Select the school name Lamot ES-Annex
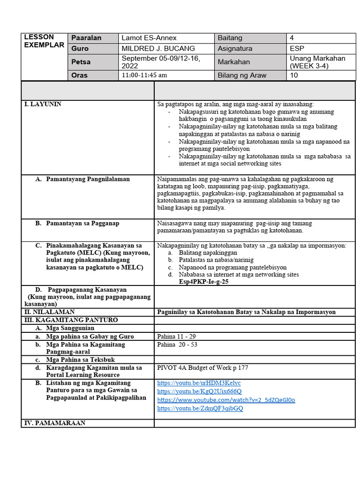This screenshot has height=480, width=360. [x=149, y=38]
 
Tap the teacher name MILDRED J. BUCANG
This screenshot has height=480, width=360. [x=158, y=48]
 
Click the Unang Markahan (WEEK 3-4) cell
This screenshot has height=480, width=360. [x=317, y=62]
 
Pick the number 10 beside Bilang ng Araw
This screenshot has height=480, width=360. [x=294, y=75]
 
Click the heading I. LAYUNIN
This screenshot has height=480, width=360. [x=43, y=104]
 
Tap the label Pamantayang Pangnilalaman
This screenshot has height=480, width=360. [x=88, y=179]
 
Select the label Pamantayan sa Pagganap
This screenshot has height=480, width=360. [x=82, y=223]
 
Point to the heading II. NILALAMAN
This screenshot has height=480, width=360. [x=49, y=312]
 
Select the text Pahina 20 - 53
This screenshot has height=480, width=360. [x=177, y=345]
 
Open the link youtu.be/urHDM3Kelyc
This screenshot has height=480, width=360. [x=199, y=383]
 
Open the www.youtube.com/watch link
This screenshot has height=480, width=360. [x=226, y=400]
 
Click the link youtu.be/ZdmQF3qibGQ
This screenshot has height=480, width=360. [x=200, y=408]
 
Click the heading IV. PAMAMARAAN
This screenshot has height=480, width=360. [x=54, y=423]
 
